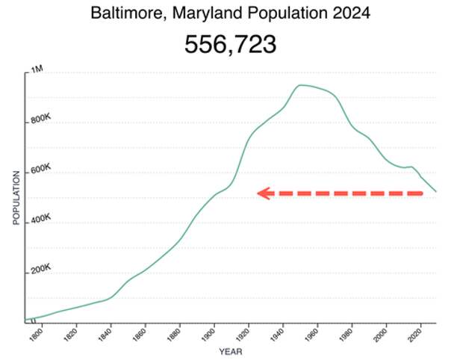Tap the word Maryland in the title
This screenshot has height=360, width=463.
click(197, 13)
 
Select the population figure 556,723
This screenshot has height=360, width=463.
click(230, 45)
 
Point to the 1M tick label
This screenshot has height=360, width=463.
click(37, 69)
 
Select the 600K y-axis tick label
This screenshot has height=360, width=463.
click(40, 170)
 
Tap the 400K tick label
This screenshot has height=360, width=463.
click(40, 220)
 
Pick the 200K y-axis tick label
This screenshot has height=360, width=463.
click(40, 269)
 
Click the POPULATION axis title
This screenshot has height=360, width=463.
click(16, 197)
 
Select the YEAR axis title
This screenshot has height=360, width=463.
click(230, 351)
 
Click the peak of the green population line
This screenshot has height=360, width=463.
click(301, 85)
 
